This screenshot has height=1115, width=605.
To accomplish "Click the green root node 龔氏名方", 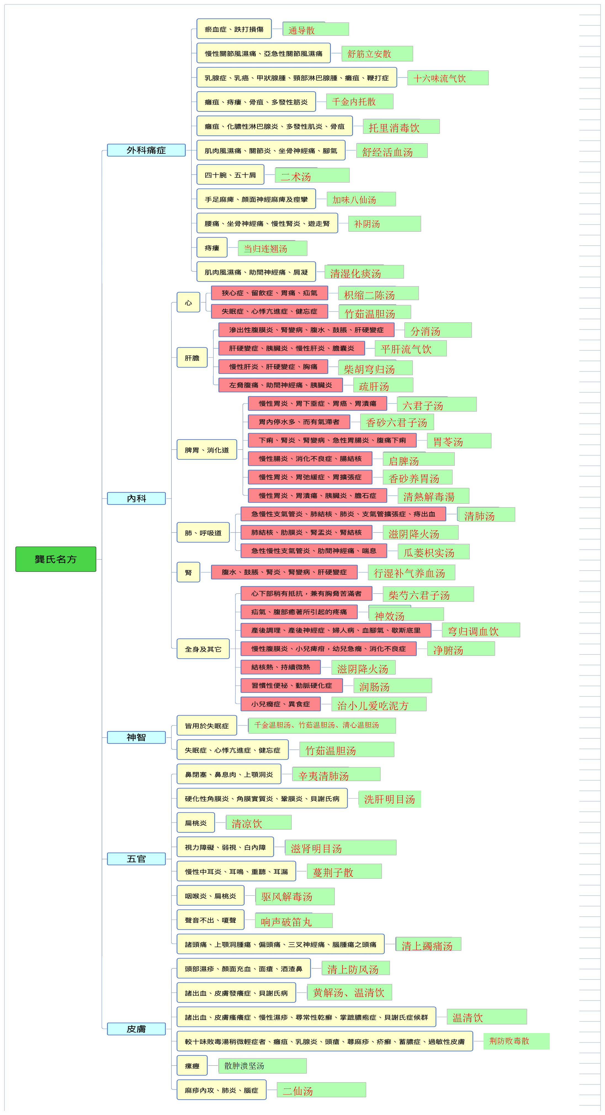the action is tap(56, 559).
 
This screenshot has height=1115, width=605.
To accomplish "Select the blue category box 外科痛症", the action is tap(146, 150).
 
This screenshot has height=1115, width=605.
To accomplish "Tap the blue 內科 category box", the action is tap(136, 498).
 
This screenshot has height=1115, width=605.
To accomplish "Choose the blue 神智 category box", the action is tap(136, 737).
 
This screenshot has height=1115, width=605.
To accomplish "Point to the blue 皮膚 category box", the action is tap(136, 1029).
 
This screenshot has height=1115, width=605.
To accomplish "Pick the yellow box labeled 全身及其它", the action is tap(203, 649).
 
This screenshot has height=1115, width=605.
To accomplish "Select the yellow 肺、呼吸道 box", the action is tap(203, 533).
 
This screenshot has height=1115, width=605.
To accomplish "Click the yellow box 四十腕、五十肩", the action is tap(230, 175).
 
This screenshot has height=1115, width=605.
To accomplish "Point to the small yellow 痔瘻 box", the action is tap(212, 248).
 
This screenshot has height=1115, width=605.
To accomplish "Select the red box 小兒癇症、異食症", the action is tap(281, 704).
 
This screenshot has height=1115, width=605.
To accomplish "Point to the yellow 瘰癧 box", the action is tap(192, 1066).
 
